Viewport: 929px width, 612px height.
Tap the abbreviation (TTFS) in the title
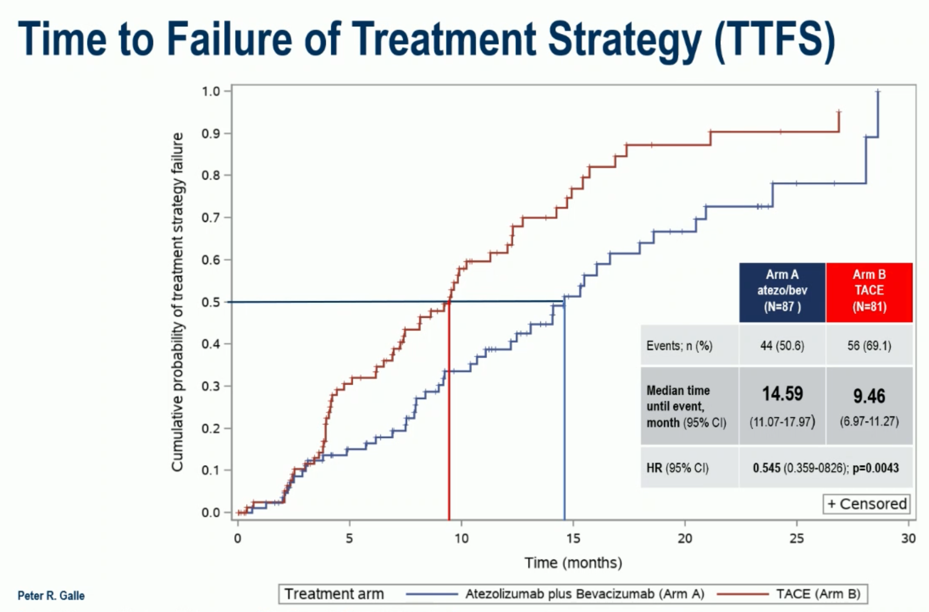pos(775,41)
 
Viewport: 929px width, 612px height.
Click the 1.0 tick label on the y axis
pos(211,91)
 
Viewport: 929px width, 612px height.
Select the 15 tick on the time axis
pos(573,538)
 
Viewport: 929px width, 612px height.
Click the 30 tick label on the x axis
pos(909,538)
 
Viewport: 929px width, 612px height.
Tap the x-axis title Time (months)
pos(573,563)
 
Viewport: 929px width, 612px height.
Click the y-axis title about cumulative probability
pos(177,302)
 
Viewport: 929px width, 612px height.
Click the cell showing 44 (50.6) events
pos(782,346)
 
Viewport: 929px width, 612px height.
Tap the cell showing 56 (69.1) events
pos(869,346)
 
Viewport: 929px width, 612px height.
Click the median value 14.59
pos(782,394)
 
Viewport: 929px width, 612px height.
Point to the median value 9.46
pos(869,396)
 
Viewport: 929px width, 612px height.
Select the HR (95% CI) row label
pos(677,468)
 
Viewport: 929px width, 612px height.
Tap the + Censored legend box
pos(867,504)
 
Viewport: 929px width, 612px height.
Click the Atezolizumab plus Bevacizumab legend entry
pos(555,594)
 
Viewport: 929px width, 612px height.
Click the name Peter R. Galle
pos(51,595)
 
